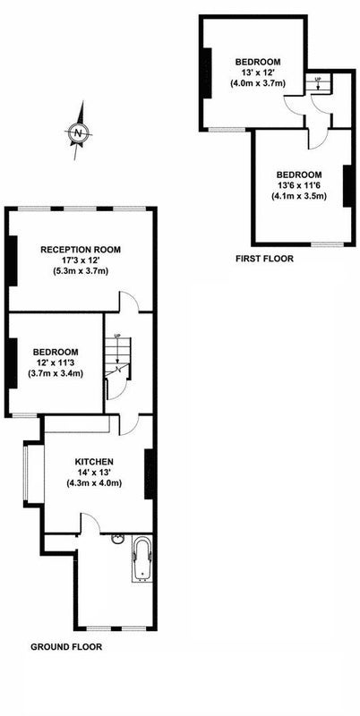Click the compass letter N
79,133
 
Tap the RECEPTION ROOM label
81,250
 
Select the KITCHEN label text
95,462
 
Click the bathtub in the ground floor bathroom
142,558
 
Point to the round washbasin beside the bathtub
117,540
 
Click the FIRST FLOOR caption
264,259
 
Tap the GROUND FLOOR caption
66,646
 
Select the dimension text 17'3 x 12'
81,260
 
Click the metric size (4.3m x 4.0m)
95,483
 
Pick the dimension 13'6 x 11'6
299,185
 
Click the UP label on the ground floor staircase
118,336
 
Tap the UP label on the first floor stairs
318,79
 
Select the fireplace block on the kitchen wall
149,474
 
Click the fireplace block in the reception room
13,260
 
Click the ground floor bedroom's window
25,415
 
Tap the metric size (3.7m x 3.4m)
56,374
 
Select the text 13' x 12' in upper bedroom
258,72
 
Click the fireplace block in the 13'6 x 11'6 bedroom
347,186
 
